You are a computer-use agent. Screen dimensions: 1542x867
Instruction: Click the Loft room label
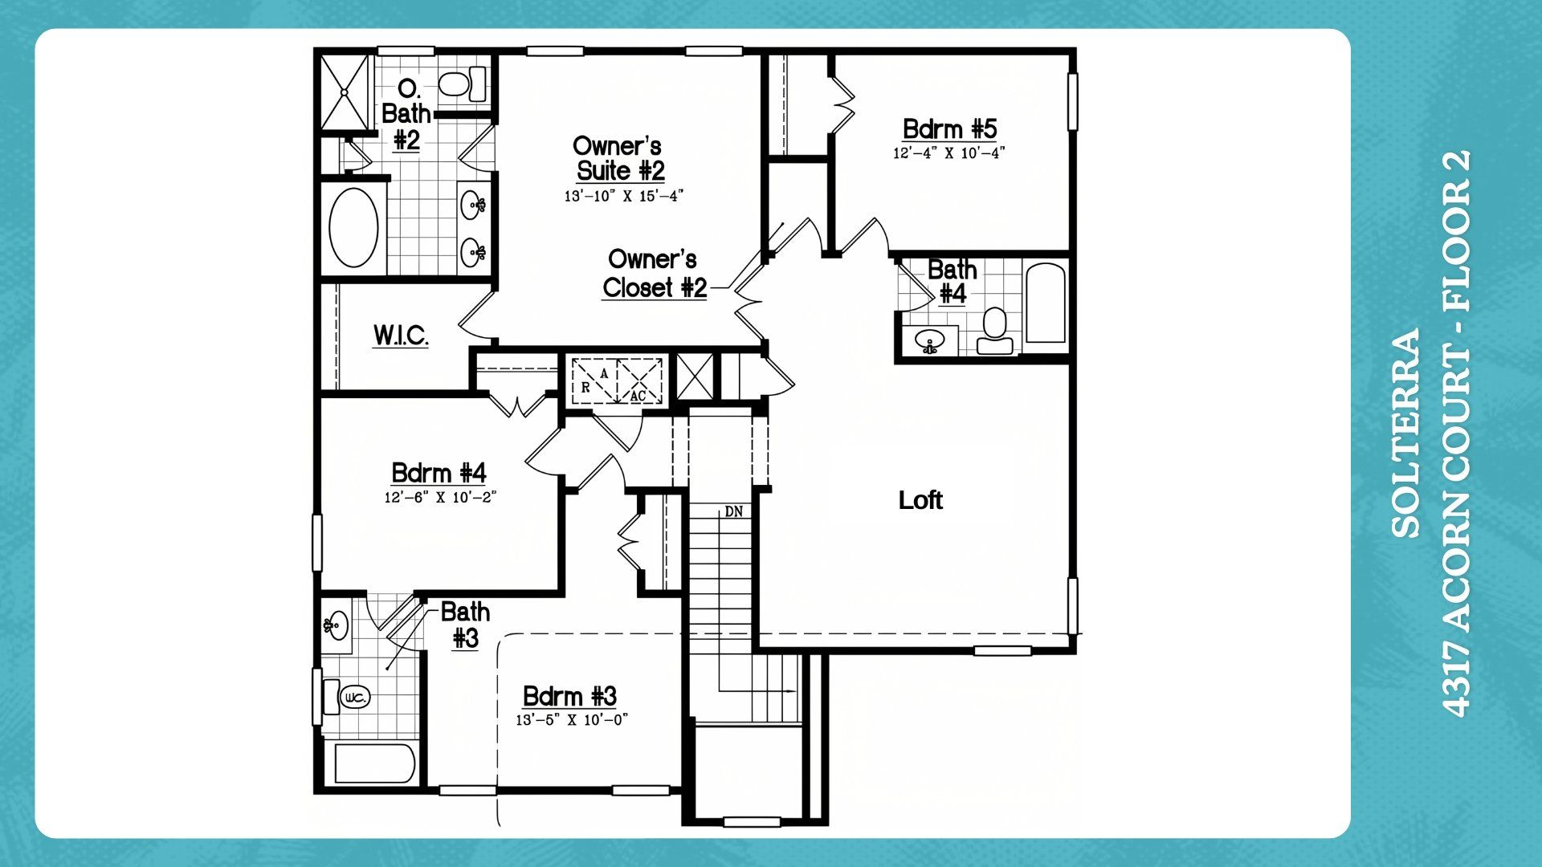click(920, 500)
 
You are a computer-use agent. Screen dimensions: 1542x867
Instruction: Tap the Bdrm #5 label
click(949, 129)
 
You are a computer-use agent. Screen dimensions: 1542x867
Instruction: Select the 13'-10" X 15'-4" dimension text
click(623, 196)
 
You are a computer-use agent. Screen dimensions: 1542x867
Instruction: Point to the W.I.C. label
click(401, 335)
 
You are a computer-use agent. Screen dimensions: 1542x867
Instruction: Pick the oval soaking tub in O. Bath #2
click(353, 228)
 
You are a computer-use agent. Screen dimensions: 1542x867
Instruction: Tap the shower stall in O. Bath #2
click(345, 92)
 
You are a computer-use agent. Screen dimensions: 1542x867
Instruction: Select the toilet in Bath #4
click(995, 332)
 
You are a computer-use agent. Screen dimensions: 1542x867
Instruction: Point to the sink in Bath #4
click(930, 341)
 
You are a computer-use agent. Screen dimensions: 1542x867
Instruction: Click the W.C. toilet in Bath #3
click(348, 698)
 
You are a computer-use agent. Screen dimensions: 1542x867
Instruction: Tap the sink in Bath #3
click(337, 624)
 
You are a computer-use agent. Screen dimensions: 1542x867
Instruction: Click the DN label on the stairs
click(733, 511)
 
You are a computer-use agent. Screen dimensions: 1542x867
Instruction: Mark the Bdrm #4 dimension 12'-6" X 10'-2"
click(440, 498)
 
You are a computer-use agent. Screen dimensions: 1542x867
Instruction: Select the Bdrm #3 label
click(569, 696)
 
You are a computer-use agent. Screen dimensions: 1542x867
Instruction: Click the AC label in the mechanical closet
click(638, 397)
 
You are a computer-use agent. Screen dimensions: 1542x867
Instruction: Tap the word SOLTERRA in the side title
click(1405, 433)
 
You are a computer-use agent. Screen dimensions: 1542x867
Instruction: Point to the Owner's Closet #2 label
click(655, 273)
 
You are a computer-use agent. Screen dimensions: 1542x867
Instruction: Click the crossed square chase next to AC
click(695, 377)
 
